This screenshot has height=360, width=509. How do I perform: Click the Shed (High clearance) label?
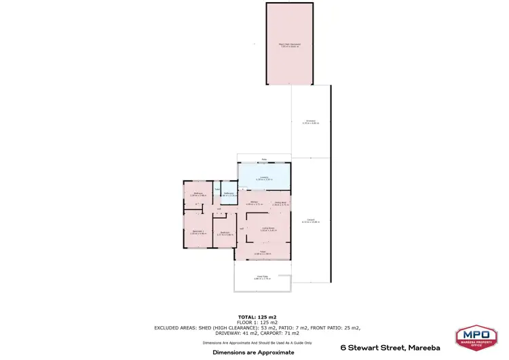290,45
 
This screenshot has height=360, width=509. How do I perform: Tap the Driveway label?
310,122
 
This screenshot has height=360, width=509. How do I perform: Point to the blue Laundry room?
264,178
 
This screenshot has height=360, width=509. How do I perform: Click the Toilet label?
217,190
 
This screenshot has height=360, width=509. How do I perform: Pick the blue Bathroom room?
229,194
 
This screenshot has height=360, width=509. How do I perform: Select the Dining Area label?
280,202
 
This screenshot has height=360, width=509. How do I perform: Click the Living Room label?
267,229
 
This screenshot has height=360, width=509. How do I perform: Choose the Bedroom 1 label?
197,232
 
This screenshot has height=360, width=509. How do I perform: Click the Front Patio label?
262,277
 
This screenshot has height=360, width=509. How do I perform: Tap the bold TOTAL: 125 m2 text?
257,317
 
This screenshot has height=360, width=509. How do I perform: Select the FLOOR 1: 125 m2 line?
257,323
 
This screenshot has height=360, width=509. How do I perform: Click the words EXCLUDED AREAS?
174,328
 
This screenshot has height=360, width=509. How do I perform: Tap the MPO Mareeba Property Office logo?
478,338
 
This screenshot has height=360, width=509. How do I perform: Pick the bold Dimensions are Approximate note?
253,353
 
